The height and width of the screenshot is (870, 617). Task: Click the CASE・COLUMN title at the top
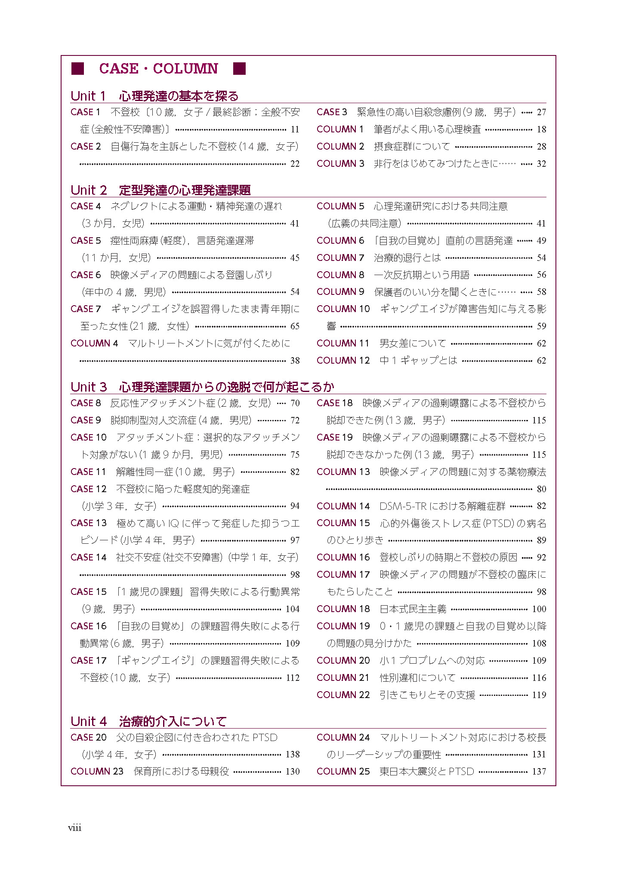click(x=158, y=69)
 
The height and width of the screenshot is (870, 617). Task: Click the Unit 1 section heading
click(x=154, y=96)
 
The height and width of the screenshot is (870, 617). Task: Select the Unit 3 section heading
click(x=202, y=387)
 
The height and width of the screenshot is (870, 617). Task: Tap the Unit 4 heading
click(x=148, y=721)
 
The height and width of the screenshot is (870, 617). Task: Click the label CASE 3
click(x=331, y=112)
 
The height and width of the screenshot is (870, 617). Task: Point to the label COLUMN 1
click(x=340, y=129)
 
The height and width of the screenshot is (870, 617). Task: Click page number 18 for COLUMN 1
click(x=541, y=129)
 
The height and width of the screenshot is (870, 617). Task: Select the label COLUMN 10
click(x=343, y=309)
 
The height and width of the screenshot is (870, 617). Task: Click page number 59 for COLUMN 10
click(x=541, y=326)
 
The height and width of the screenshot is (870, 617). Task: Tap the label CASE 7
click(x=86, y=309)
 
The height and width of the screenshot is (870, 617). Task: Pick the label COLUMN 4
click(x=94, y=343)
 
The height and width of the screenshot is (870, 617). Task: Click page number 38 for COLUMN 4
click(x=295, y=361)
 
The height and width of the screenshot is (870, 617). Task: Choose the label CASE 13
click(x=88, y=523)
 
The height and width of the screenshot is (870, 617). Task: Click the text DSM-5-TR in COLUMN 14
click(x=403, y=506)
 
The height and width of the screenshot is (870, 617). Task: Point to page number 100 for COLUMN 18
click(x=539, y=609)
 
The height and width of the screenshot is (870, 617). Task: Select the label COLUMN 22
click(x=343, y=695)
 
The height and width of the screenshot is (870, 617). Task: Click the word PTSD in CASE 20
click(x=265, y=738)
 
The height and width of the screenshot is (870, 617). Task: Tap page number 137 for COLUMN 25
click(x=539, y=772)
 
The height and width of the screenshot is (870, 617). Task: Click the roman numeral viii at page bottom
click(x=74, y=828)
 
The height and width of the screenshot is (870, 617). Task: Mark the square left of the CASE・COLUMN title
click(x=77, y=69)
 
